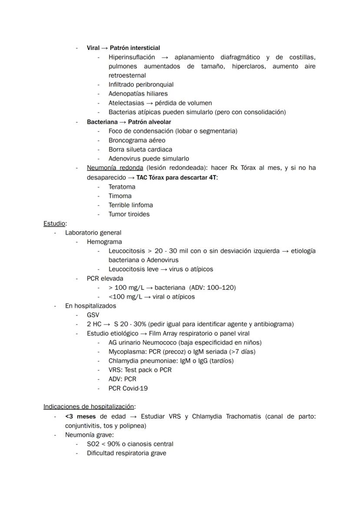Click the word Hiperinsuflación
(x=132, y=57)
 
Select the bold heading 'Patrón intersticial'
(x=135, y=48)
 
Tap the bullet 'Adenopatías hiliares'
(x=138, y=94)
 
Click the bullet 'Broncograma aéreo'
(x=137, y=140)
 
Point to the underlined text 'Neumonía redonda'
(x=115, y=168)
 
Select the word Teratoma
(x=122, y=187)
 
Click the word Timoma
(x=120, y=196)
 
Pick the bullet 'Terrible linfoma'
(x=130, y=205)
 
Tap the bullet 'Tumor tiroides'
(x=129, y=214)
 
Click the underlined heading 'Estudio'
(x=54, y=223)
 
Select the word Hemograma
(x=104, y=242)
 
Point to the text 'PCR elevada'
(x=105, y=279)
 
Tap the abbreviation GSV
(x=93, y=315)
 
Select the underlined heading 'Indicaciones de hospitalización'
(x=89, y=407)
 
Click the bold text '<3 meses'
(x=80, y=416)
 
